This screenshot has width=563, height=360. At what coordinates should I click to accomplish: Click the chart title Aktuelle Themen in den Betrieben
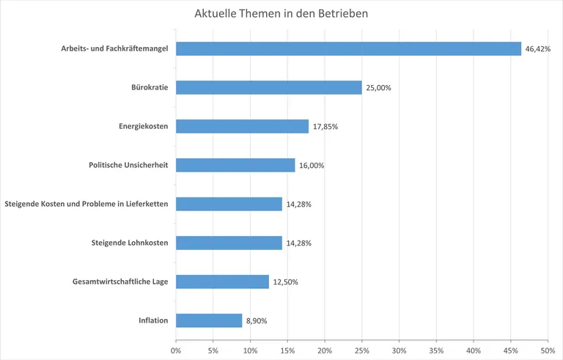click(281, 14)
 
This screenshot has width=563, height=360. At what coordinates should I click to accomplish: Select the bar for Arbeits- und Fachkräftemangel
click(348, 48)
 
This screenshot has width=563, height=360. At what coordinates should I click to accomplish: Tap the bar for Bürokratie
click(268, 87)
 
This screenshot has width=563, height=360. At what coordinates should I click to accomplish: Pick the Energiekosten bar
click(242, 126)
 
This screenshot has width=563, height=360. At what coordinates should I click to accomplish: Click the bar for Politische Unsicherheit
click(235, 165)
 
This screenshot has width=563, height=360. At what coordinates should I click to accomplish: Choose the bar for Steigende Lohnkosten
click(229, 243)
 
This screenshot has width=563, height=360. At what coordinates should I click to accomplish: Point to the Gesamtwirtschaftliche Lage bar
click(222, 282)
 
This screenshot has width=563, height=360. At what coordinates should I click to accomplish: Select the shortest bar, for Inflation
click(209, 320)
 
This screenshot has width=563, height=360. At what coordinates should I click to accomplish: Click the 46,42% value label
click(538, 49)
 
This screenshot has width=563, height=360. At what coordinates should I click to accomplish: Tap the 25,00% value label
click(378, 88)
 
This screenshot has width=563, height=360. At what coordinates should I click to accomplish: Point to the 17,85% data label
click(325, 127)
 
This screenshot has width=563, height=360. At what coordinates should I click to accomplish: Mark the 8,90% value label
click(257, 321)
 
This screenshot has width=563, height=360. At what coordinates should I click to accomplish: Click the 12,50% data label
click(285, 282)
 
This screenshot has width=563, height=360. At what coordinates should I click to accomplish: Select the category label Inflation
click(153, 320)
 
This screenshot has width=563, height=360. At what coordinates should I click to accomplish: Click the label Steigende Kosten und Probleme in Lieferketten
click(87, 204)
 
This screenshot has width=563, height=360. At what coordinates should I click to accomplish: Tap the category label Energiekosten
click(143, 126)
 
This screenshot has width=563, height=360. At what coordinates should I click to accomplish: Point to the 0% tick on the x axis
click(176, 350)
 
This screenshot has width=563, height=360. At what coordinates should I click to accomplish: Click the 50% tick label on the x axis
click(547, 350)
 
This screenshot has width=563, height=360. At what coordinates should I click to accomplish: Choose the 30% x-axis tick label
click(399, 350)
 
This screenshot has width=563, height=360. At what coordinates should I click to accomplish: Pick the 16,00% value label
click(312, 166)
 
